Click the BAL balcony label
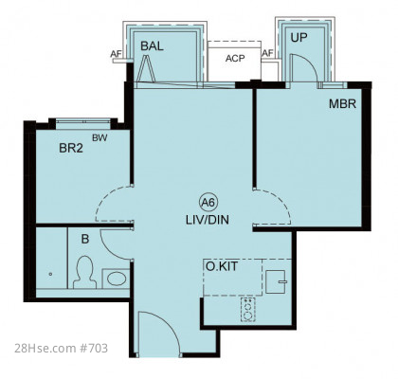(x=152, y=46)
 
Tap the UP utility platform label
(x=298, y=38)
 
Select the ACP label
(x=235, y=59)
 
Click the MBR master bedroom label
(x=342, y=104)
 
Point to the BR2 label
(x=71, y=148)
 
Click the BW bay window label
(x=99, y=138)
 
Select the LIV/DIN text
(x=208, y=220)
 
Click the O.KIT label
(x=222, y=266)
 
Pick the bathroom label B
(x=85, y=239)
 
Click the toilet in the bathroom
(x=84, y=272)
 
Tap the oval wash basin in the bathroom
(x=116, y=279)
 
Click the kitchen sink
(x=276, y=281)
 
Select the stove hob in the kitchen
(x=248, y=310)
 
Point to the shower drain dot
(x=50, y=274)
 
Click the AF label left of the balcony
(x=116, y=54)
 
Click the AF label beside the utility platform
(x=267, y=54)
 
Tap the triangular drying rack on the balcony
(x=147, y=67)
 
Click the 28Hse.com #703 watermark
(x=61, y=348)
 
